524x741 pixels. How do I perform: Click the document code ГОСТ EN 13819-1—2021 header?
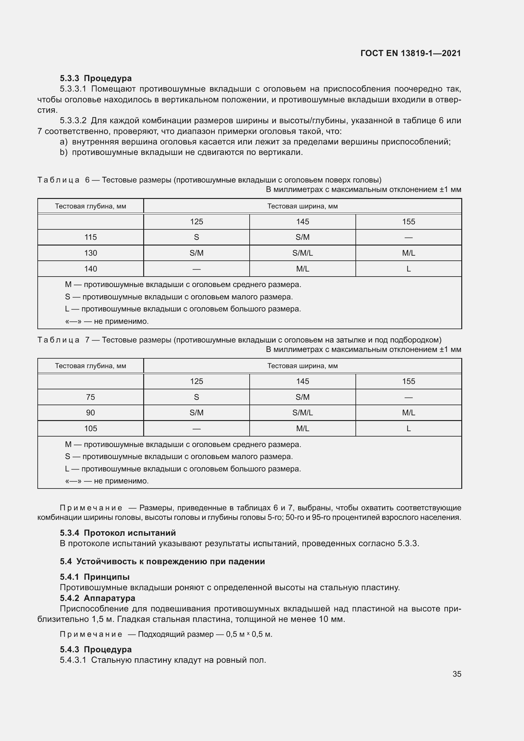(x=410, y=53)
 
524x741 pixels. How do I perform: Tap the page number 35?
(x=457, y=674)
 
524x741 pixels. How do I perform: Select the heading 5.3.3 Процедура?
(x=95, y=78)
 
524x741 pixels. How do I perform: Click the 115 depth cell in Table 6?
(x=90, y=237)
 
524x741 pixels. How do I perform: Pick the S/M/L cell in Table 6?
(x=302, y=253)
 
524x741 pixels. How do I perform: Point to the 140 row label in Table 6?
(x=90, y=269)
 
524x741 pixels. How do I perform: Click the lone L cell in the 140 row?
(x=408, y=269)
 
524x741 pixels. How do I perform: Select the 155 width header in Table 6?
(x=408, y=222)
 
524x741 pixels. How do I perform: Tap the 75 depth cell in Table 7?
(x=90, y=397)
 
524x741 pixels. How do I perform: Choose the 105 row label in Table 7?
(x=90, y=429)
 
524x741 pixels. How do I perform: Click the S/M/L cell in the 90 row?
(x=302, y=413)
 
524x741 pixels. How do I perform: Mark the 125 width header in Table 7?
(x=196, y=381)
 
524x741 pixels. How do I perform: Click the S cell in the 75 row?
(x=196, y=397)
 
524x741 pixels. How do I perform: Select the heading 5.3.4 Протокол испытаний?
(x=118, y=533)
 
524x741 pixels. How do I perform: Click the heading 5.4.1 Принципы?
(x=94, y=577)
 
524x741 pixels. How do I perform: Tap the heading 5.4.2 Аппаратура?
(x=98, y=598)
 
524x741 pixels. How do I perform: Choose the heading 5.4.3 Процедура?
(x=95, y=649)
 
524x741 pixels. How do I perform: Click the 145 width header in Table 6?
(x=302, y=222)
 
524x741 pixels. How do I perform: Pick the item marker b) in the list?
(x=64, y=152)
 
